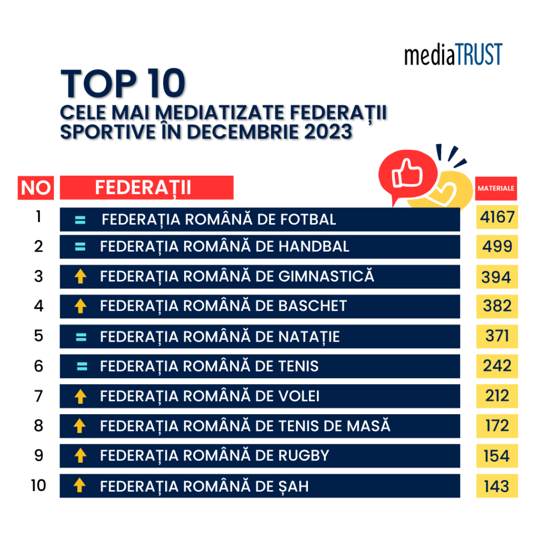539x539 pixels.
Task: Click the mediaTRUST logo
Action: pos(453,55)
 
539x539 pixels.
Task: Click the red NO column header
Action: pos(36,188)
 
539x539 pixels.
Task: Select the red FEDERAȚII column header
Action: pos(146,187)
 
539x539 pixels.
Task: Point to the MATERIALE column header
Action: pos(496,188)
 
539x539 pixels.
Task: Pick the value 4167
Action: pos(497,217)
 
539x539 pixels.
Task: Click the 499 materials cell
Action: pos(497,246)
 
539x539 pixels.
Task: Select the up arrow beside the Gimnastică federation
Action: pos(80,277)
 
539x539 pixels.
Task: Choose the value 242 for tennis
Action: pos(497,366)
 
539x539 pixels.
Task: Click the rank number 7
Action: pos(38,395)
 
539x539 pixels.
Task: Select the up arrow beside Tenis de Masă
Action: pos(80,425)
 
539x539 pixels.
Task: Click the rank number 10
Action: pos(38,485)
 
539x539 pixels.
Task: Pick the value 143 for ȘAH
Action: pos(497,486)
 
